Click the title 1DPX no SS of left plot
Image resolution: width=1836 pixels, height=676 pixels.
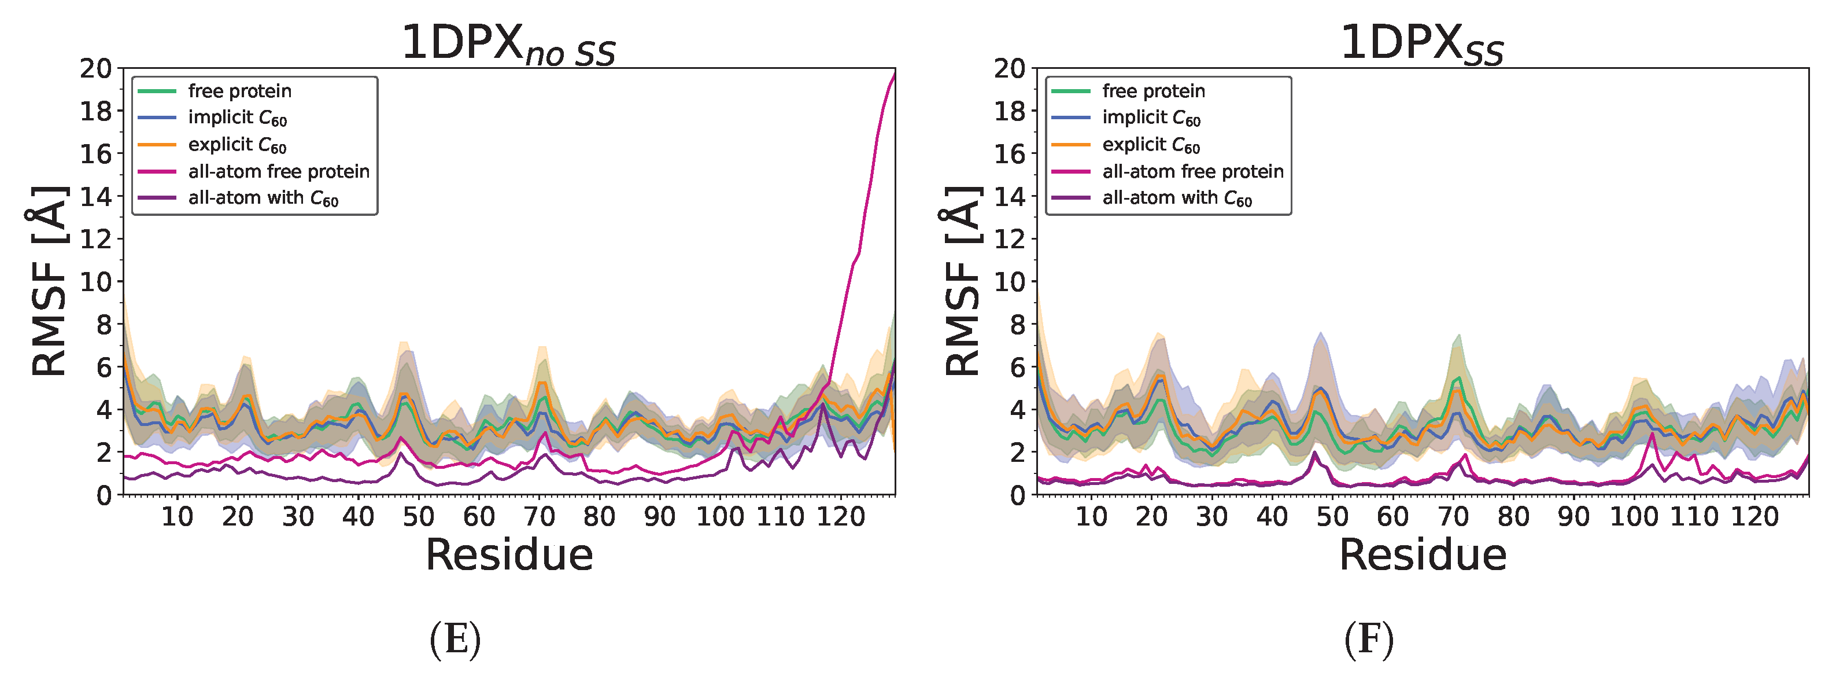508,44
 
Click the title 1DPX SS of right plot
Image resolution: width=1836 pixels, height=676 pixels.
1422,44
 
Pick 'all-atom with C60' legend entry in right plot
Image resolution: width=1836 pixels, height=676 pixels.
1177,199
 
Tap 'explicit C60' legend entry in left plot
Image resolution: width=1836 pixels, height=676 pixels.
237,145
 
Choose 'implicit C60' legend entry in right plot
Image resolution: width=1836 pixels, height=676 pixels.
1151,117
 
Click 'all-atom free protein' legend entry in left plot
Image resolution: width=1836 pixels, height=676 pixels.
279,172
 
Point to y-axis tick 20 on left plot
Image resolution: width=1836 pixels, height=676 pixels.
95,69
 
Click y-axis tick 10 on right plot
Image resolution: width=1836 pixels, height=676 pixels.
1009,282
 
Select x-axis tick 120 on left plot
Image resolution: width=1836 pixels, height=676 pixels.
840,516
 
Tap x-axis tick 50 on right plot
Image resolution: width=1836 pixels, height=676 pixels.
1332,516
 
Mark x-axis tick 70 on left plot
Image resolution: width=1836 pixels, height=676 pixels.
539,516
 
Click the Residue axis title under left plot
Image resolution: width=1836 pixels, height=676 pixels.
509,556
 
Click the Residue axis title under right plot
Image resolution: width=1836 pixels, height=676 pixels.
1423,556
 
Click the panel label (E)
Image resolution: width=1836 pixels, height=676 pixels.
456,639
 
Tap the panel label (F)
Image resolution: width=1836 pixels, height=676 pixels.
1368,639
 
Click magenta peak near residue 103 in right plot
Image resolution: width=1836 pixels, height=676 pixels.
1652,433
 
